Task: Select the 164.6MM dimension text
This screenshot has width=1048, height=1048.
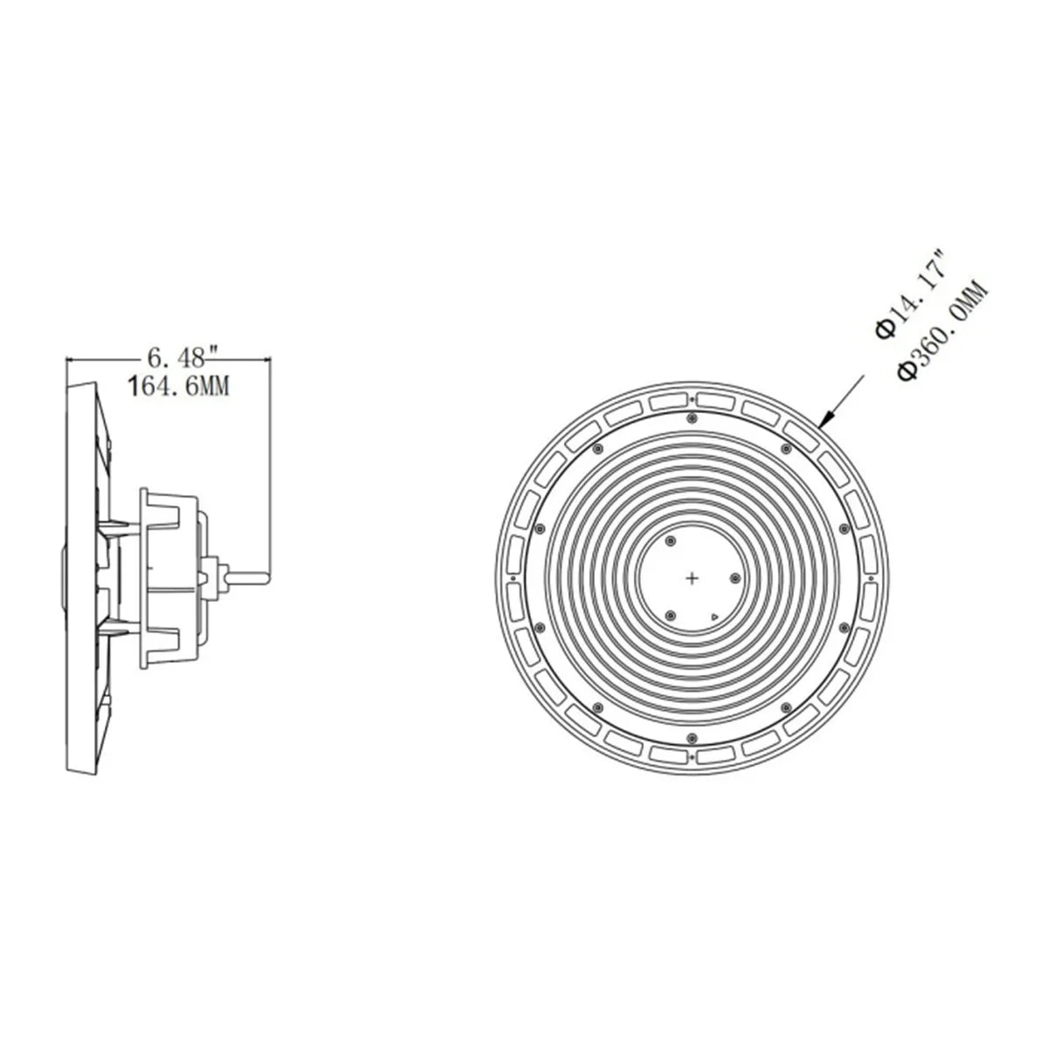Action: (x=178, y=387)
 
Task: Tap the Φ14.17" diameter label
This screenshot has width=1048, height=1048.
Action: (x=911, y=302)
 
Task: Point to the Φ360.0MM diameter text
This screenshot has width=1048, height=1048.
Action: (x=942, y=331)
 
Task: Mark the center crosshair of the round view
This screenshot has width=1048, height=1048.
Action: (x=692, y=578)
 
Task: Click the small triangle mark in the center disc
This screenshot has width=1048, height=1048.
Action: (x=714, y=617)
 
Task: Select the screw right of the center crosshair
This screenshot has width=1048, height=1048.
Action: (x=734, y=577)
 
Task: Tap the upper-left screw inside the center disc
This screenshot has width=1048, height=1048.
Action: (x=670, y=540)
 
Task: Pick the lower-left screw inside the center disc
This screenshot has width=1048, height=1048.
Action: (x=670, y=615)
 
